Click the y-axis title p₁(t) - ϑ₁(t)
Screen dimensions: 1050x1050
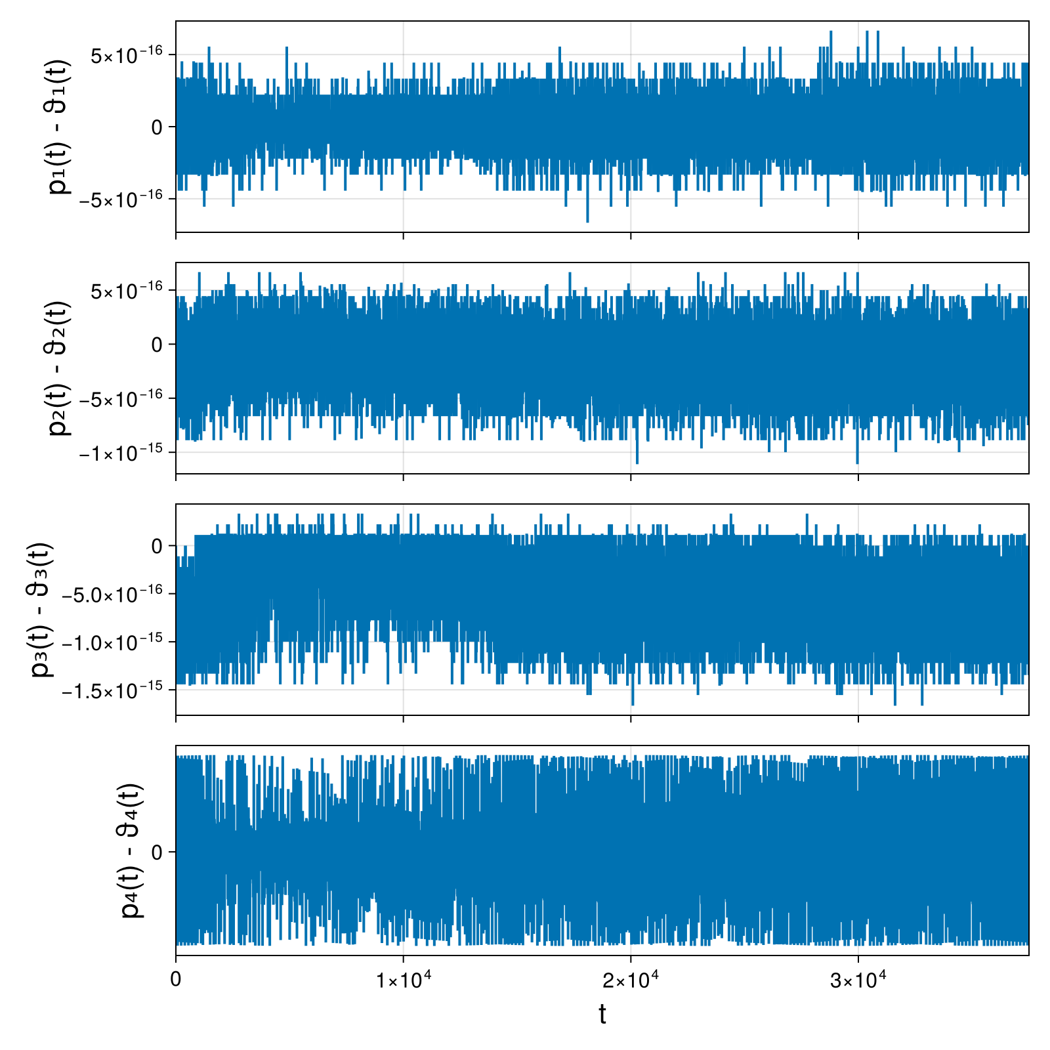tap(60, 127)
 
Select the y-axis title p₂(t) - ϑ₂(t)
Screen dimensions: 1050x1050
tap(60, 368)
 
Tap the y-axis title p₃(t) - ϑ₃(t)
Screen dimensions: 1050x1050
tap(42, 610)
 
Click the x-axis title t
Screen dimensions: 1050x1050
tap(602, 1014)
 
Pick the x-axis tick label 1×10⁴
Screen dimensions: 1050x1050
tap(403, 980)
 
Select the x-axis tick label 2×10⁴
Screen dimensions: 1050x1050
tap(631, 980)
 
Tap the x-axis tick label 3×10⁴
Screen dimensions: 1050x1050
tap(858, 980)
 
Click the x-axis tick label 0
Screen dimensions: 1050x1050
tap(175, 980)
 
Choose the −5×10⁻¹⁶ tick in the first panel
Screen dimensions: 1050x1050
tap(120, 199)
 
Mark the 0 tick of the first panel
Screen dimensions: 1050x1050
tap(157, 127)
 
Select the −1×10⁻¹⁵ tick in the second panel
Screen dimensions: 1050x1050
tap(120, 452)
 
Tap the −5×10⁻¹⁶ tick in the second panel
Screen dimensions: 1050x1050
tap(120, 398)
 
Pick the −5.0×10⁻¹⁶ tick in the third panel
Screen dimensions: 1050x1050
tap(112, 595)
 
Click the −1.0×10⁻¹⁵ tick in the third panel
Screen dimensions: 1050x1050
tap(112, 642)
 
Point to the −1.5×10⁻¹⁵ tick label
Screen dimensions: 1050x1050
tap(112, 690)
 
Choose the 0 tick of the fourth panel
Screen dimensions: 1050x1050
tap(157, 852)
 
